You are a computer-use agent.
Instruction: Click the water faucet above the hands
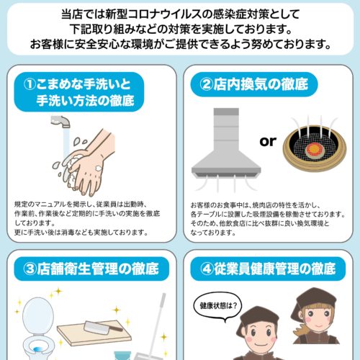(x=60, y=121)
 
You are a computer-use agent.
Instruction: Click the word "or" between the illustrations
(x=268, y=142)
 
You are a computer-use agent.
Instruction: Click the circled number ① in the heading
(x=30, y=84)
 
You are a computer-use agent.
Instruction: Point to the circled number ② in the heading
(x=206, y=84)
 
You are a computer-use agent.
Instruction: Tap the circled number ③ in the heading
(x=30, y=269)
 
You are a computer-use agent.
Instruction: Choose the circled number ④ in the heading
(x=207, y=269)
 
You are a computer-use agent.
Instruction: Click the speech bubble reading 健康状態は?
(x=218, y=307)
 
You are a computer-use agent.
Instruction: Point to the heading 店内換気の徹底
(x=261, y=84)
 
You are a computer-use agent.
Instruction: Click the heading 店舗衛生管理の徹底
(x=98, y=269)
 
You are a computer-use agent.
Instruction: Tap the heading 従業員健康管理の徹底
(x=274, y=269)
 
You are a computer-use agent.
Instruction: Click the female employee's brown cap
(x=315, y=297)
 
